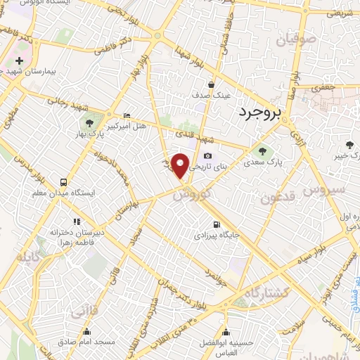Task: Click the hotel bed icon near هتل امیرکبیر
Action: [x=127, y=115]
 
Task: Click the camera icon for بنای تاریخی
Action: [x=207, y=156]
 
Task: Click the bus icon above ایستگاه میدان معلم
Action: [x=64, y=181]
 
